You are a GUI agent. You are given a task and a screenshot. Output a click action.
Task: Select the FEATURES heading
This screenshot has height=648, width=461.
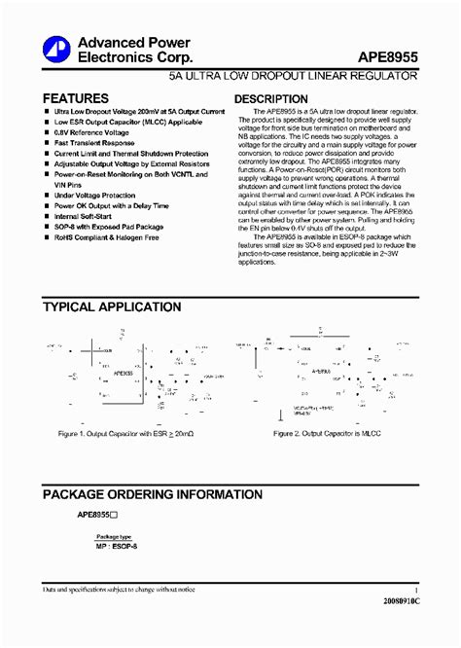(75, 98)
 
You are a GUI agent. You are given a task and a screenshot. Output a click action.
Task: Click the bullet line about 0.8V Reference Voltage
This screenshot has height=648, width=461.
(96, 133)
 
